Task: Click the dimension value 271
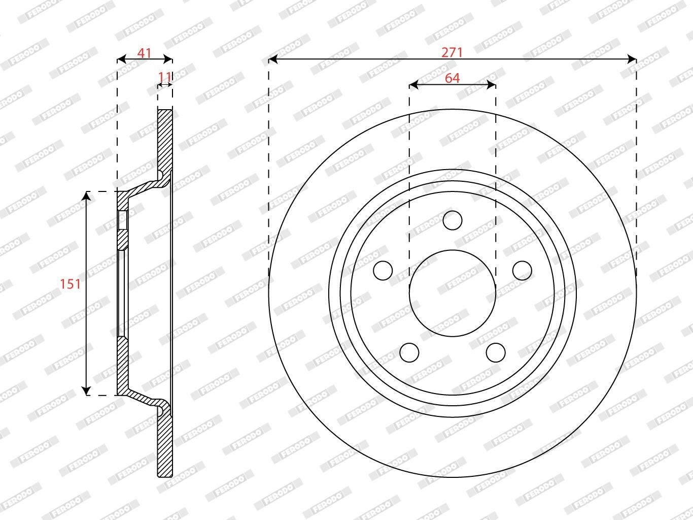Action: click(x=452, y=52)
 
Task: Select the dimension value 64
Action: click(x=452, y=78)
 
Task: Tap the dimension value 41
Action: click(x=144, y=53)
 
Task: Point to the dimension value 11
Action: click(x=164, y=77)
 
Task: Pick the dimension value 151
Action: click(x=71, y=284)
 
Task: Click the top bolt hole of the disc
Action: click(x=453, y=220)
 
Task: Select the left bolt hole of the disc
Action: click(x=383, y=271)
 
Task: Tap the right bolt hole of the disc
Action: click(x=522, y=271)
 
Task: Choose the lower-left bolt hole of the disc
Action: click(x=409, y=352)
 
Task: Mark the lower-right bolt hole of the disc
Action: click(x=496, y=352)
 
